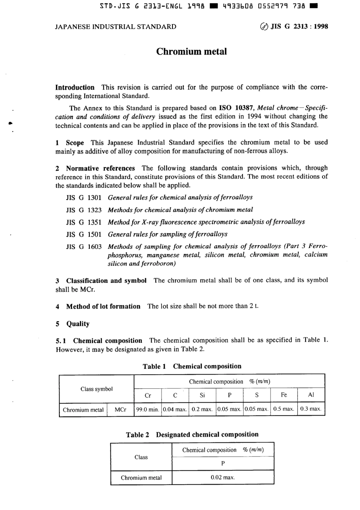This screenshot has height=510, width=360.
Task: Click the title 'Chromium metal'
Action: (191, 52)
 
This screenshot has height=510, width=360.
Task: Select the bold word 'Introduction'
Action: (75, 87)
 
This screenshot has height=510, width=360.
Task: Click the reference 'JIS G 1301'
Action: (84, 198)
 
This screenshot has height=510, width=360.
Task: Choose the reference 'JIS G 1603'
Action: (84, 246)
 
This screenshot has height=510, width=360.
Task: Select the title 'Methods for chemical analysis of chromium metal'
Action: (180, 210)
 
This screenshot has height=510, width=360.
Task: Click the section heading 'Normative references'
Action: (100, 168)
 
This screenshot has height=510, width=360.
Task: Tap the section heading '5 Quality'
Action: (73, 324)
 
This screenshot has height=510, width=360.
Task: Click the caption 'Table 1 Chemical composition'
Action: (192, 366)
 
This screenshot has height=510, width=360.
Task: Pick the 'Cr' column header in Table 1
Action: (148, 395)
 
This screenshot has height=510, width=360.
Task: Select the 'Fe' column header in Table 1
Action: (284, 395)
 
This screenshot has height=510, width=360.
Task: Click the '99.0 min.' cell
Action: (148, 409)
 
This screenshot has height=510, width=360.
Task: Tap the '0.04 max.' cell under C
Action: (175, 409)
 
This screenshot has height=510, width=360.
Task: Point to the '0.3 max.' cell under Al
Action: (311, 409)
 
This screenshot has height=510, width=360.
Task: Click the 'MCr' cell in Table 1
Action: (120, 410)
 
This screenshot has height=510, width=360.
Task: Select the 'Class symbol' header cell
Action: (97, 389)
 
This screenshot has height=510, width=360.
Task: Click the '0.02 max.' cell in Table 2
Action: (223, 477)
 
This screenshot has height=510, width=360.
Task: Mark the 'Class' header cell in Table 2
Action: (141, 457)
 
